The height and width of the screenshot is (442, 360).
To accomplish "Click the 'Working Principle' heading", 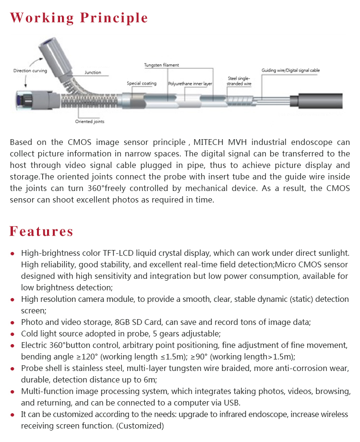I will [79, 18].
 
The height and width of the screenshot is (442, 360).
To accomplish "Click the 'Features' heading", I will [42, 231].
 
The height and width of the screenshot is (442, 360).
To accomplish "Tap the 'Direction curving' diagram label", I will [29, 71].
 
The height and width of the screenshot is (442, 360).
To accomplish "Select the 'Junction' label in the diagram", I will [93, 72].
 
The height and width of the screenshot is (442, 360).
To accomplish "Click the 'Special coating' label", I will [142, 84].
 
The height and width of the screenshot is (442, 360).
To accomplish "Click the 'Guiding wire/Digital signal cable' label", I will [290, 71].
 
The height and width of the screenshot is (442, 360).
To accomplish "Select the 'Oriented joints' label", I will [90, 121].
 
